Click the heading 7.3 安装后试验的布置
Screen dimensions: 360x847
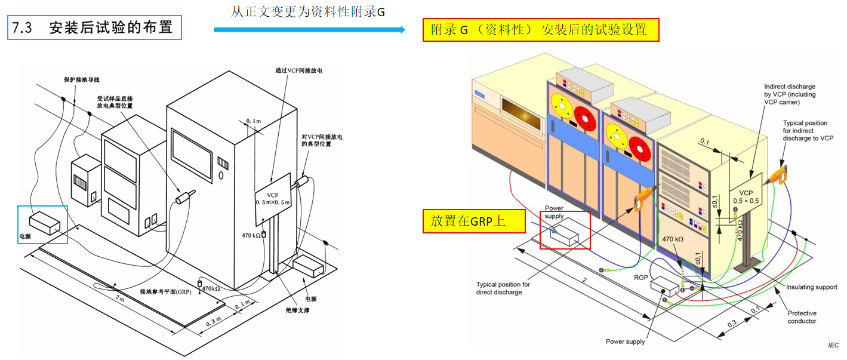pos(94,28)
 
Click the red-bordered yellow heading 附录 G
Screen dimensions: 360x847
pos(540,29)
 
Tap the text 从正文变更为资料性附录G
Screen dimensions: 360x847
pos(309,11)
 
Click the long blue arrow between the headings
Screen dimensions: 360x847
pos(309,29)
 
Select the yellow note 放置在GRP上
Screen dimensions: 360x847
pos(468,221)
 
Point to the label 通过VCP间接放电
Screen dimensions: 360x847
pos(298,70)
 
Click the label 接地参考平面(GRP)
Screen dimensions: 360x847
pos(165,292)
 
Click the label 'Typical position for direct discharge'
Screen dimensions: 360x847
pos(503,288)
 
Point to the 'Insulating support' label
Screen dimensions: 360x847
pos(811,287)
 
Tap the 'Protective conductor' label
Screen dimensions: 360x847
pos(802,317)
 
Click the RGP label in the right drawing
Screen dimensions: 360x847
pos(641,277)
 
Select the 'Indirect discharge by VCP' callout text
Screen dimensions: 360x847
pos(789,94)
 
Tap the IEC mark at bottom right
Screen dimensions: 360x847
pos(833,345)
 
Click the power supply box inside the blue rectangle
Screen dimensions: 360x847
pos(45,222)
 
